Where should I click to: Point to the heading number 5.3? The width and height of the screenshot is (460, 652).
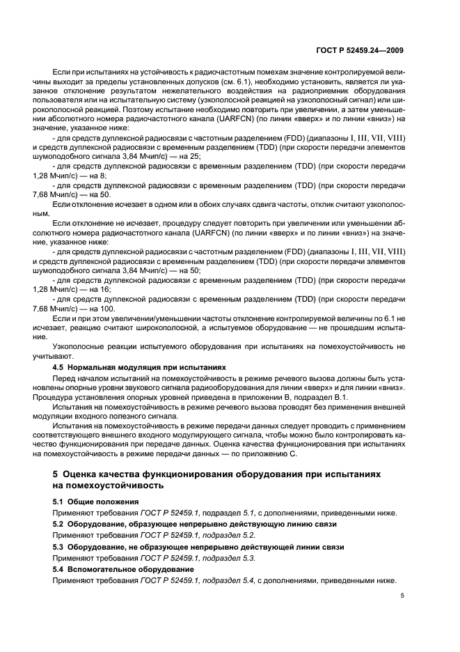[x=60, y=548]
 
